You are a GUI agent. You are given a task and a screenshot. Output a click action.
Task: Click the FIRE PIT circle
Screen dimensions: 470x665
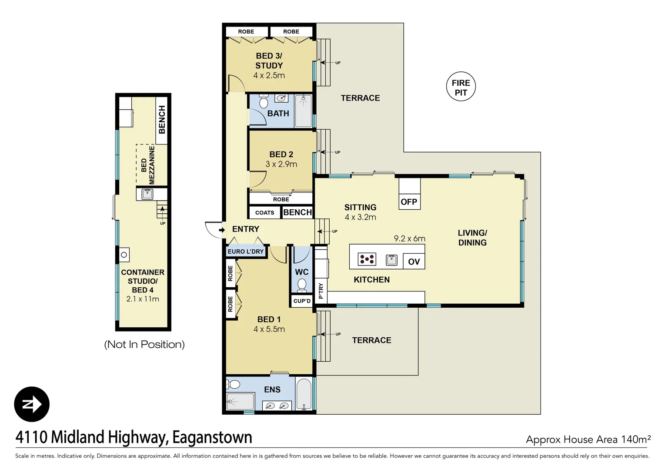[x=461, y=87]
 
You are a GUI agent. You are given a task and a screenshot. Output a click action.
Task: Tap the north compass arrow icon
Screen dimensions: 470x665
[x=32, y=404]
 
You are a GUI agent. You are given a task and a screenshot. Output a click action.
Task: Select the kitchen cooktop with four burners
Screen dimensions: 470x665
[x=367, y=259]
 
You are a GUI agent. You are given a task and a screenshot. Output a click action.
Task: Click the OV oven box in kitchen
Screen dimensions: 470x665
[x=414, y=262]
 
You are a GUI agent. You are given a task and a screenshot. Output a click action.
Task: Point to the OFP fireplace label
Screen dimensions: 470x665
[x=409, y=202]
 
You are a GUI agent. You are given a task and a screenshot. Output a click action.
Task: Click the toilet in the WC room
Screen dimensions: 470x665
[x=302, y=285]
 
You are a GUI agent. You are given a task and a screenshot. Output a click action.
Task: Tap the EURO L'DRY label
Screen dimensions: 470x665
[x=246, y=252]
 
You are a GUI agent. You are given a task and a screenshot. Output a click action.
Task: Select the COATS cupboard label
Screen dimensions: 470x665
[x=264, y=213]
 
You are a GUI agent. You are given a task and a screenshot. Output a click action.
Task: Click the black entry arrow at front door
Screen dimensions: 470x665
[x=222, y=229]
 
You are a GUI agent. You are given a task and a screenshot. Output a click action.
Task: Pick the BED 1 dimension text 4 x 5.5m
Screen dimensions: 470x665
[x=269, y=329]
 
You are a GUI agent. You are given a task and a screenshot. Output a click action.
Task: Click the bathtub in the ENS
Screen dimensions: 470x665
[x=304, y=394]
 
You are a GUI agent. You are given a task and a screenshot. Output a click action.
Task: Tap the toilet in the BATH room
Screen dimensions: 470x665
[x=264, y=102]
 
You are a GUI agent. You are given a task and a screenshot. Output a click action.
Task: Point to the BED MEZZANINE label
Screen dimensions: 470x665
[x=148, y=165]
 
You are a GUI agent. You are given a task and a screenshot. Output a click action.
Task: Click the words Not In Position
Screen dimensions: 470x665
[x=144, y=345]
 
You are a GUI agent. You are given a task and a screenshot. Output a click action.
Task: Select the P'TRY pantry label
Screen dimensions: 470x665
[x=321, y=291]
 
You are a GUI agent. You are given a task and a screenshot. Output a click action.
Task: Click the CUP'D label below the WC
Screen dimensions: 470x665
[x=302, y=301]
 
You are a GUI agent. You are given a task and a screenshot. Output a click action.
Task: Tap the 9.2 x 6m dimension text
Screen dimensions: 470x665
[x=409, y=238]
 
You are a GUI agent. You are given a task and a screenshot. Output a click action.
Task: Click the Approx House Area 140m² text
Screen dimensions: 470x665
[x=588, y=440]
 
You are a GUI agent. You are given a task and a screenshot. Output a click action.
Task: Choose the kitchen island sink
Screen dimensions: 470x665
[x=391, y=260]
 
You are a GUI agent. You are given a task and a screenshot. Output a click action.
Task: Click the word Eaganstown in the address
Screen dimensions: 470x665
[x=212, y=437]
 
